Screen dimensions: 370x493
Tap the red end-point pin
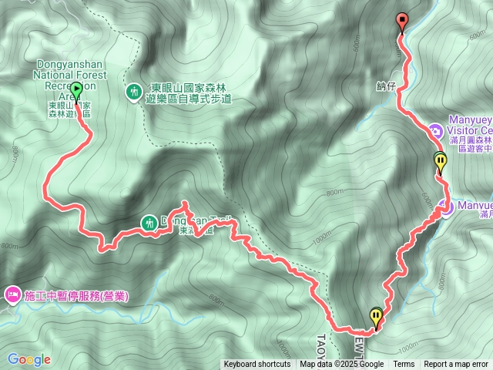(401, 22)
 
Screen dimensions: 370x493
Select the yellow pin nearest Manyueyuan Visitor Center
(440, 163)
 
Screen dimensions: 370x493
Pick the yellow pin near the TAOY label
(375, 317)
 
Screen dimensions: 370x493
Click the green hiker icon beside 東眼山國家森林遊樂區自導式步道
(134, 92)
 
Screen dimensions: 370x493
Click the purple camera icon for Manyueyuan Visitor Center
(436, 133)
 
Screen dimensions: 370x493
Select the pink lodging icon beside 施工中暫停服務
(12, 294)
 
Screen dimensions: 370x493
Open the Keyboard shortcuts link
(257, 365)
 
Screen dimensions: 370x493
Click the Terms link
(404, 365)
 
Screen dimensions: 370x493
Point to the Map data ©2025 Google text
(341, 365)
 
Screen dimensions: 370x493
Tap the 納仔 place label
(387, 86)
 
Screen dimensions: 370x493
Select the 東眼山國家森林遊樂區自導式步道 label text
(188, 94)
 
